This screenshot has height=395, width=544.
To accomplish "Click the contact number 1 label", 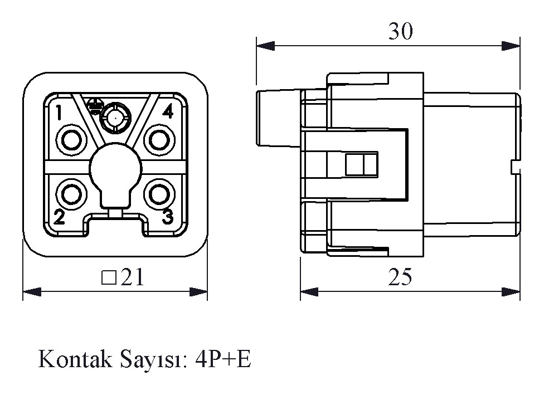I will [59, 113].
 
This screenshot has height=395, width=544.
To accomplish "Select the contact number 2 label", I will [59, 217].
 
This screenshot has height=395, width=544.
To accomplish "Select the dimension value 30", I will [400, 32].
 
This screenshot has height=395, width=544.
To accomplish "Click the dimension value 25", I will [400, 277].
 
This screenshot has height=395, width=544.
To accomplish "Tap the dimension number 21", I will [133, 277].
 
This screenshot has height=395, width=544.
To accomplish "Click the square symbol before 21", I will [109, 277].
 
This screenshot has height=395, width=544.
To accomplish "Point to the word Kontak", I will [75, 360].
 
